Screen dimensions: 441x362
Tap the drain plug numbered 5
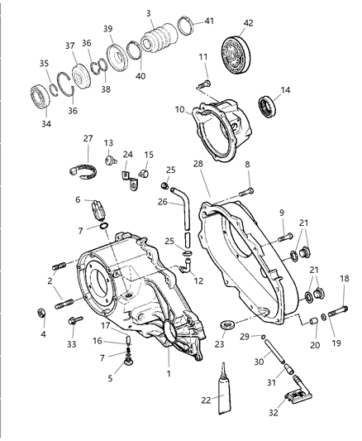pos(128,362)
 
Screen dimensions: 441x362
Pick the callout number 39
pos(107,29)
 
